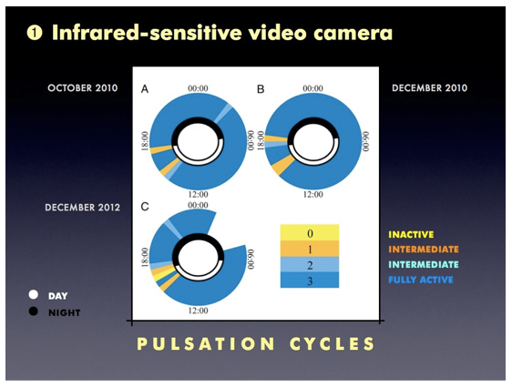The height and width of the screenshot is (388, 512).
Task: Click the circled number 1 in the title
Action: pyautogui.click(x=35, y=33)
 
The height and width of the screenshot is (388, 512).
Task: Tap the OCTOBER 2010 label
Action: pyautogui.click(x=83, y=88)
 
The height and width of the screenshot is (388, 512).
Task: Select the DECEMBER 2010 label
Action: pyautogui.click(x=430, y=88)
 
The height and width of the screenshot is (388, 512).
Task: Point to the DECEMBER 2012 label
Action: pyautogui.click(x=83, y=208)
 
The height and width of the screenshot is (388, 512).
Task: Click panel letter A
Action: pyautogui.click(x=145, y=88)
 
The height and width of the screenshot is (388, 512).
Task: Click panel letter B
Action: pyautogui.click(x=261, y=88)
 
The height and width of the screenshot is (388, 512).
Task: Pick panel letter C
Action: pyautogui.click(x=145, y=207)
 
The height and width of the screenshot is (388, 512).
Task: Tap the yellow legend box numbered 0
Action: pyautogui.click(x=310, y=232)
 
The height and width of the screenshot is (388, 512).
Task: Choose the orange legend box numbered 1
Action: pyautogui.click(x=310, y=249)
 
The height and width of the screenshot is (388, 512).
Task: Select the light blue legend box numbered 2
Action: pyautogui.click(x=310, y=265)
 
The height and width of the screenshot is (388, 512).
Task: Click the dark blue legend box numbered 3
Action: pyautogui.click(x=310, y=281)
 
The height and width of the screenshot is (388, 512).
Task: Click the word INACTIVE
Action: pyautogui.click(x=411, y=235)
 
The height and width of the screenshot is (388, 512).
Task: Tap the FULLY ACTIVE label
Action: pyautogui.click(x=421, y=280)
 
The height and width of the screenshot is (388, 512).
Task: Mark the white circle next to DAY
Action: pyautogui.click(x=34, y=295)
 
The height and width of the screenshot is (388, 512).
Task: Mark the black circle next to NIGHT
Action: pyautogui.click(x=34, y=311)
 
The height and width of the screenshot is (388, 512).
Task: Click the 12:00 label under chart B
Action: pyautogui.click(x=313, y=195)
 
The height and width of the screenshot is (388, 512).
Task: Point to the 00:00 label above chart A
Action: pyautogui.click(x=198, y=88)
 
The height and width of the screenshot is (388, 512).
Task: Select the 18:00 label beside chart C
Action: pyautogui.click(x=145, y=257)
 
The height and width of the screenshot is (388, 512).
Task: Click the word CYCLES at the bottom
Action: pyautogui.click(x=333, y=343)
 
